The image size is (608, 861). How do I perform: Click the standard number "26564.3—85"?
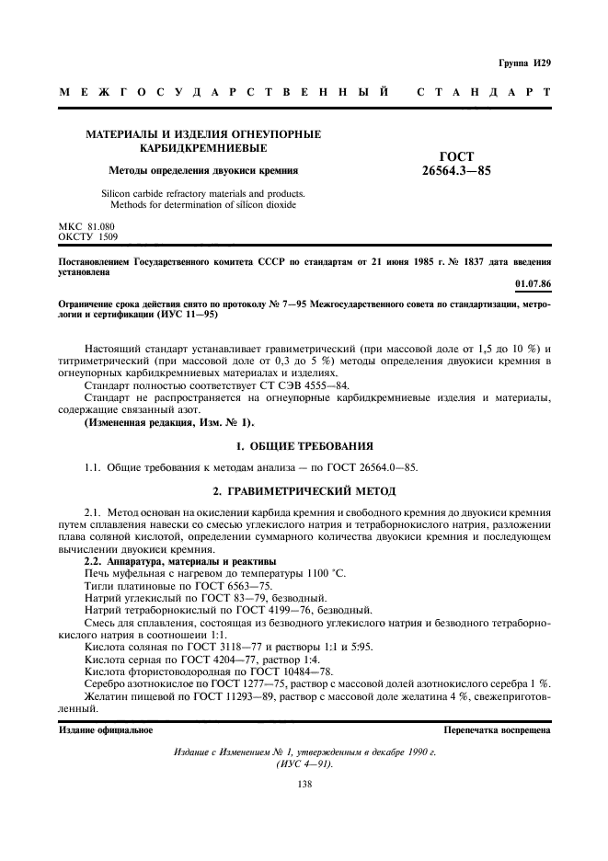[456, 169]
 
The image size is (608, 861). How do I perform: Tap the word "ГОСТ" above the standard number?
[456, 155]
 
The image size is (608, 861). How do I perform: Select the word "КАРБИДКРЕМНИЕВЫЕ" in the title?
[203, 148]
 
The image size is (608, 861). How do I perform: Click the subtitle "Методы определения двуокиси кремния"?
[203, 170]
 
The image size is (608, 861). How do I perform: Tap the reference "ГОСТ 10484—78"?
[279, 671]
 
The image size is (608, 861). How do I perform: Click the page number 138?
[304, 783]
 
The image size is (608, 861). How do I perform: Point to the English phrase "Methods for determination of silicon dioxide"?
[203, 204]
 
